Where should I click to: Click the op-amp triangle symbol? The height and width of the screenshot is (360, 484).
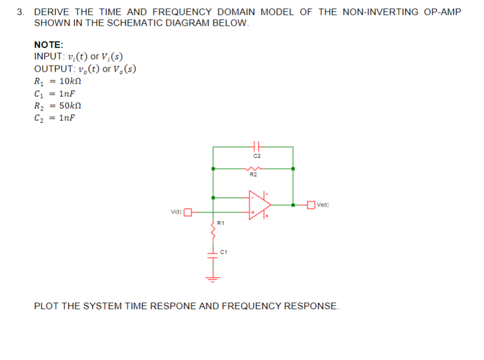coord(259,205)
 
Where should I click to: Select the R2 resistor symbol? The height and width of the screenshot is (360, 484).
coord(253,169)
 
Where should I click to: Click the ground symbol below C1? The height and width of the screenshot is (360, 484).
coord(213,278)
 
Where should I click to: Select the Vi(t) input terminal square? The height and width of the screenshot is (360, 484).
coord(187,212)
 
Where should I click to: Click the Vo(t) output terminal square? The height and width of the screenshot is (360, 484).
coord(312,205)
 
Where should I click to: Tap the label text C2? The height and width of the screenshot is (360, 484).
coord(257,156)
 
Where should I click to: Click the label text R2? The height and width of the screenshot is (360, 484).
coord(253,175)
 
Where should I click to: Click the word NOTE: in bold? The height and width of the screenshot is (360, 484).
coord(49,45)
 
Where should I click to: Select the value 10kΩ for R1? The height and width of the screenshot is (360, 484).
coord(70,81)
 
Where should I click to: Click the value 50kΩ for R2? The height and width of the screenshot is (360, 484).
coord(70,106)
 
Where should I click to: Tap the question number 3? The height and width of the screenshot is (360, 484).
coord(20,12)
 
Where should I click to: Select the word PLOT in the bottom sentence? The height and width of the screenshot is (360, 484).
coord(47,306)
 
